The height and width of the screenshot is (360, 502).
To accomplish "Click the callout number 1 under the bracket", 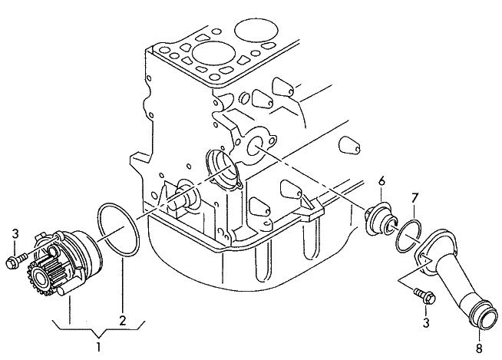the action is [x=98, y=347].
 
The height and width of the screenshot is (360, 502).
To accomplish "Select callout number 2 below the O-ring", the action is [x=123, y=320].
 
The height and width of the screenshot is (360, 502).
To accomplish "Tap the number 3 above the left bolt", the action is [x=15, y=233].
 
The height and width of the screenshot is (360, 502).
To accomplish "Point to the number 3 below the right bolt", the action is [x=426, y=322].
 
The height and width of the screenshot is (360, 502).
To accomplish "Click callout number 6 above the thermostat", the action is [x=381, y=182].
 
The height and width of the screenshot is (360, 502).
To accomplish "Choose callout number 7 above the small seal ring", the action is [x=414, y=199].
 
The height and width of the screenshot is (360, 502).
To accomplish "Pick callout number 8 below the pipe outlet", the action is [x=479, y=348].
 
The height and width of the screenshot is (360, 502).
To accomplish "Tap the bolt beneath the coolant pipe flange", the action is [x=424, y=296].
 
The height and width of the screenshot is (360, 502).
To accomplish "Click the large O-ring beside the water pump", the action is [x=118, y=230].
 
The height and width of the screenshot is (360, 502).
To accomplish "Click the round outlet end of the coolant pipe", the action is [x=484, y=313].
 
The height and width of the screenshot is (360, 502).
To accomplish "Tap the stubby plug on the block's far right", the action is [x=349, y=145].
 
